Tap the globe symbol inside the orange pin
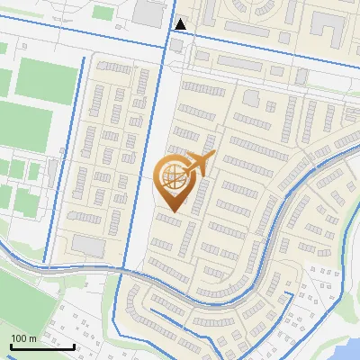click(171, 177)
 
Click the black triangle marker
click(181, 23)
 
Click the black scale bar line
click(42, 346)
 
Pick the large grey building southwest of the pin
click(87, 245)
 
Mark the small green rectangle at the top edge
click(103, 13)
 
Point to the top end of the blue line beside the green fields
click(84, 59)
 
